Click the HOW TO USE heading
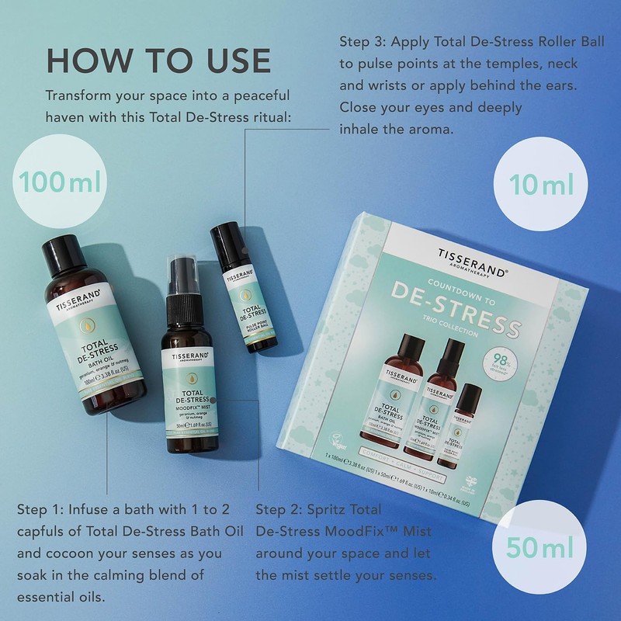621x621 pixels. pos(158,61)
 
